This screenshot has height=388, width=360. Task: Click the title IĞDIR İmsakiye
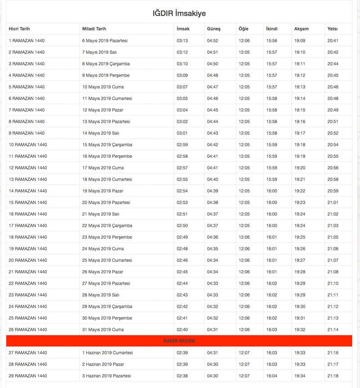click(x=179, y=13)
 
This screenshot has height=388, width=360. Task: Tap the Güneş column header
click(x=214, y=29)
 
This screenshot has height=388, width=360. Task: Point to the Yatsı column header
click(x=333, y=29)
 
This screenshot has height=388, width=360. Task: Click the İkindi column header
click(x=272, y=29)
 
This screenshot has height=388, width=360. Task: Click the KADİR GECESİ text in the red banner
click(x=179, y=341)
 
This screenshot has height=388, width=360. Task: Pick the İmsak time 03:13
click(x=182, y=40)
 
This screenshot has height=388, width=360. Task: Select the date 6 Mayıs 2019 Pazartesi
click(x=105, y=40)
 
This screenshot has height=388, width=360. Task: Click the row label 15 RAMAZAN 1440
click(x=28, y=202)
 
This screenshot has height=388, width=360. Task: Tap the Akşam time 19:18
click(x=300, y=145)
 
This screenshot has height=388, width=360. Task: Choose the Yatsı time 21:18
click(x=333, y=376)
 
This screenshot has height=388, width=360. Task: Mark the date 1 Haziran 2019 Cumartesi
click(x=108, y=353)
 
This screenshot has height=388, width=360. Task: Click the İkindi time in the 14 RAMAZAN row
click(x=272, y=191)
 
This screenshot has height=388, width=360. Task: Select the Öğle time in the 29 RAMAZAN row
click(x=244, y=376)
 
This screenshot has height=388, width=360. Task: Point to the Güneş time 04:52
click(x=212, y=40)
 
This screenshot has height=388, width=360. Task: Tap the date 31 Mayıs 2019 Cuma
click(x=103, y=330)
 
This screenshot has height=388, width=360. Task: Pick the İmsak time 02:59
click(x=182, y=145)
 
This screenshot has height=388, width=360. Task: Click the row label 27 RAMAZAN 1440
click(x=28, y=353)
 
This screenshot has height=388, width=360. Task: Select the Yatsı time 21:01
click(x=333, y=202)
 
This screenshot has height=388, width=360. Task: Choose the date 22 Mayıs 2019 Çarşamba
click(x=107, y=226)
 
